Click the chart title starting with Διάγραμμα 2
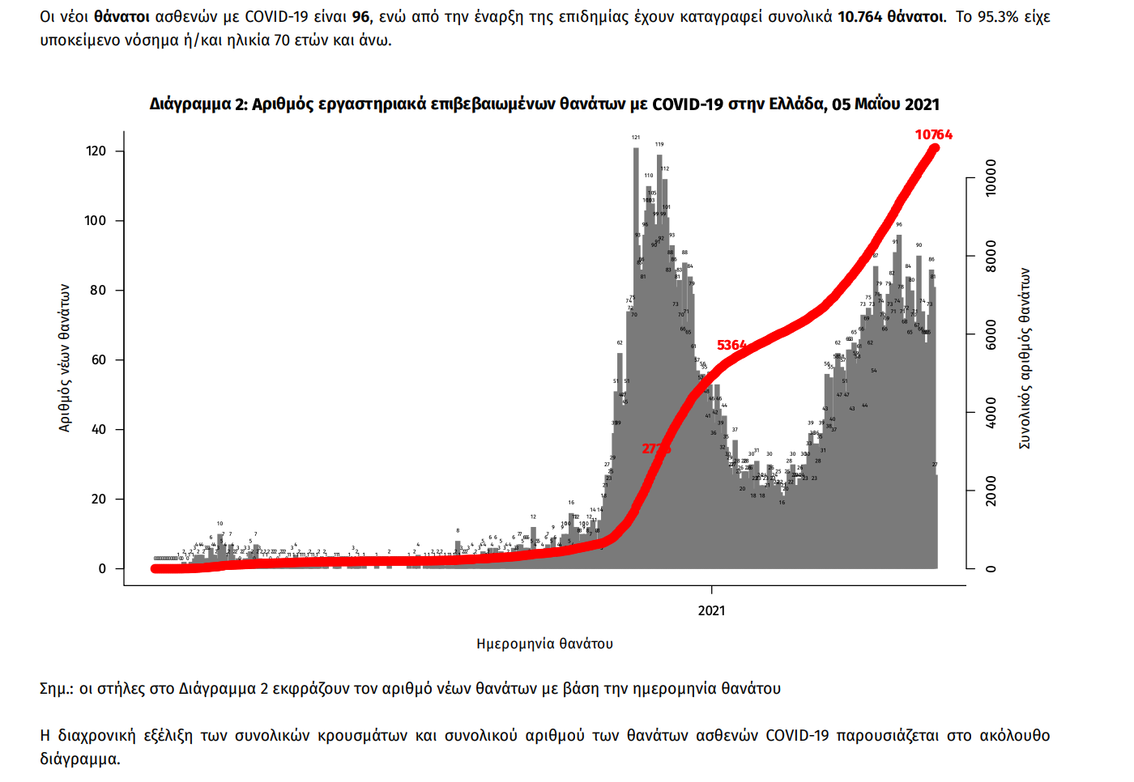[x=544, y=104]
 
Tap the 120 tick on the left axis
[x=96, y=151]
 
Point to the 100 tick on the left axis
[x=96, y=221]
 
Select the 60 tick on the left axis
[x=98, y=360]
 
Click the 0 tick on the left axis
[x=102, y=569]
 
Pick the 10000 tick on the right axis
[x=991, y=178]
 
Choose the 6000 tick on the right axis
[x=991, y=335]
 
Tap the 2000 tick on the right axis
[x=991, y=491]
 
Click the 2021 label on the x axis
[x=711, y=611]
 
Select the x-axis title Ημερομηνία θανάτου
[x=544, y=644]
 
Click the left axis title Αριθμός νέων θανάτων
[x=65, y=358]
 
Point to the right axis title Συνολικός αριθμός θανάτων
[x=1025, y=358]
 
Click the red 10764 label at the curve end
[x=933, y=135]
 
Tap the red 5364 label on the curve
[x=731, y=346]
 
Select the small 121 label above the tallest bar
[x=636, y=138]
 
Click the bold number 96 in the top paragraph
[x=360, y=17]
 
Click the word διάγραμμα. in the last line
[x=80, y=759]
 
